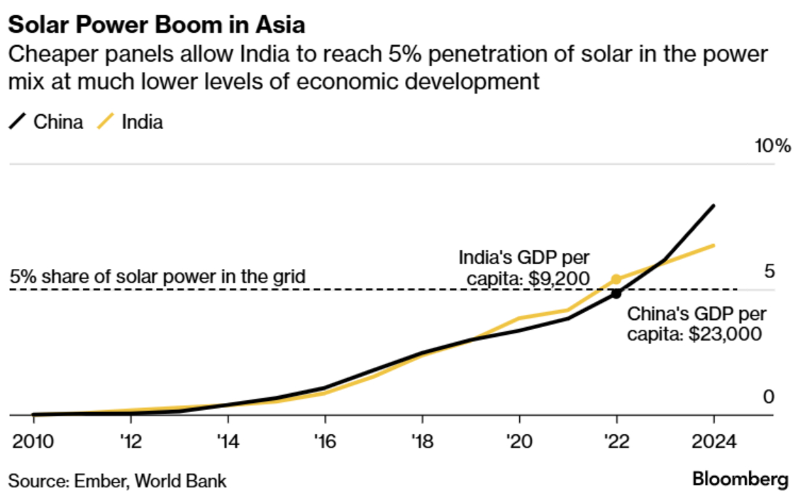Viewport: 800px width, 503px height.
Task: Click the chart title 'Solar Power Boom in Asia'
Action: coord(157,26)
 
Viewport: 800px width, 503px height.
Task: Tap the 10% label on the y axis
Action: coord(772,147)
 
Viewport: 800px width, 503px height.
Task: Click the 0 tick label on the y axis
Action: coord(768,397)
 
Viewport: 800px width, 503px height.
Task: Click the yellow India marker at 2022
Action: coord(616,280)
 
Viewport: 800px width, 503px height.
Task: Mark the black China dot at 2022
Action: coord(616,292)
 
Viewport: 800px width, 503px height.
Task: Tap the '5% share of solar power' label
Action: coord(158,276)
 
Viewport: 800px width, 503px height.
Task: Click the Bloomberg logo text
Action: coord(740,479)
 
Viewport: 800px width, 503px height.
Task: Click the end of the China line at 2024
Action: coord(713,206)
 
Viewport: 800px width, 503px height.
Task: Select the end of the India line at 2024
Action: coord(713,245)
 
